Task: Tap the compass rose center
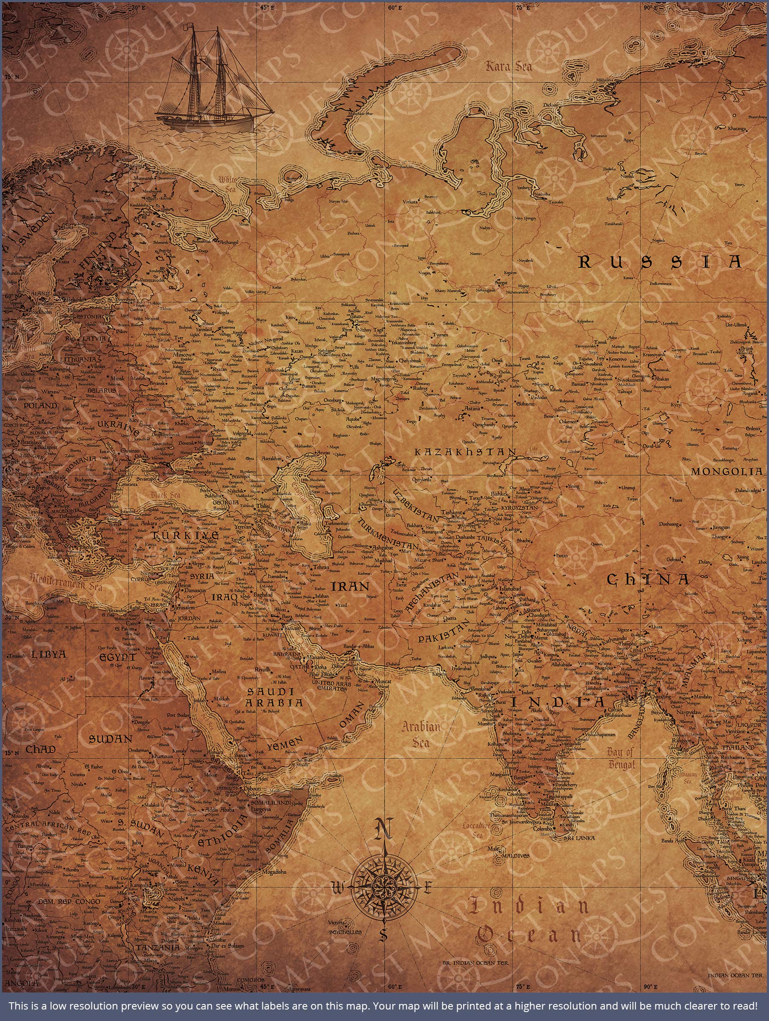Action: coord(383,887)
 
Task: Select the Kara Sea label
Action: coord(508,66)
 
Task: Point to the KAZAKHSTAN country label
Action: coord(464,452)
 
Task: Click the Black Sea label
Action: coord(164,495)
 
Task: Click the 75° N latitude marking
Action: coord(11,77)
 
